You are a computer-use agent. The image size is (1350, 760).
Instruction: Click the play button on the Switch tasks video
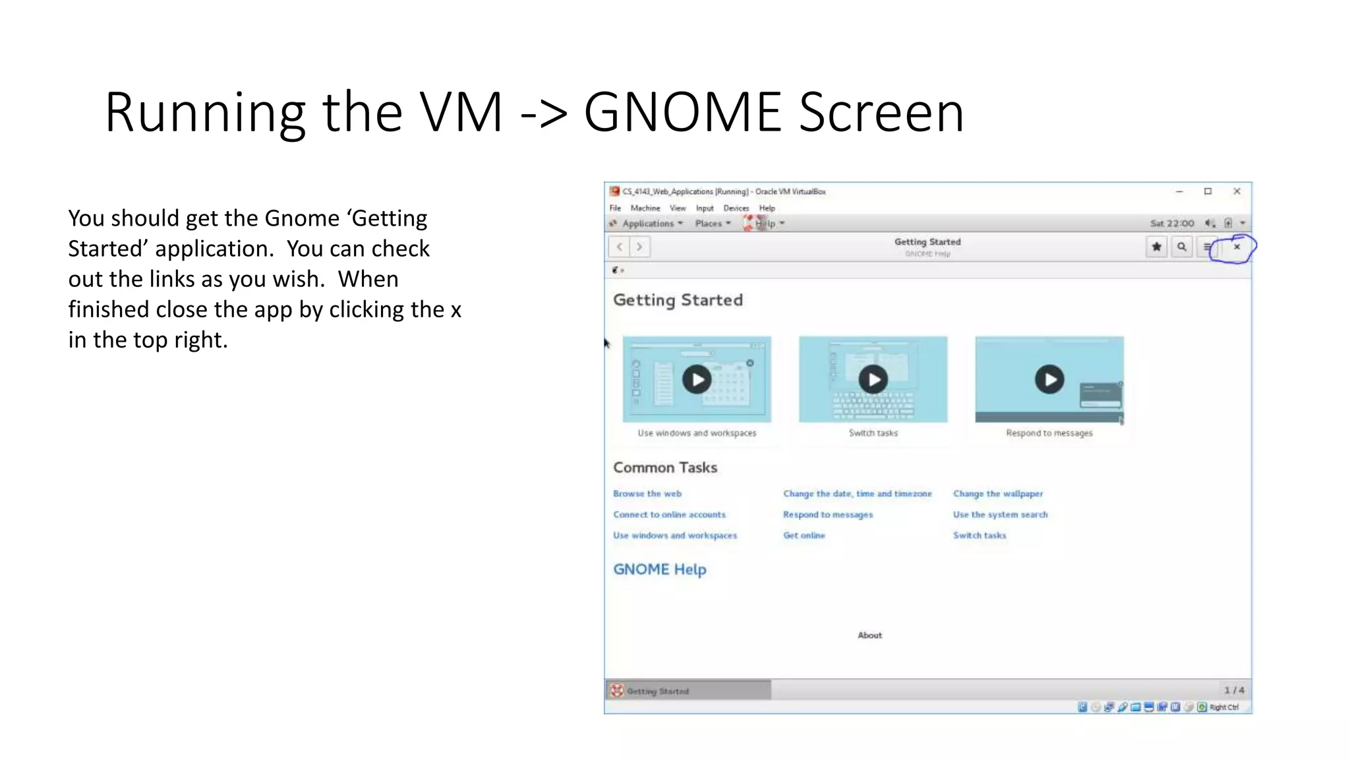coord(873,379)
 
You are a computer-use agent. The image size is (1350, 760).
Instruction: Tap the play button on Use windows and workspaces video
coord(697,379)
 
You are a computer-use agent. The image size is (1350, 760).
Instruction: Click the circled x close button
coord(1237,247)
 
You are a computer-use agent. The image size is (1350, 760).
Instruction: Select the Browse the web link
coord(647,493)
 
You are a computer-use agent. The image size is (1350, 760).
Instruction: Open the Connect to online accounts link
coord(669,515)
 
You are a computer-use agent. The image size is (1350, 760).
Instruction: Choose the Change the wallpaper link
coord(998,493)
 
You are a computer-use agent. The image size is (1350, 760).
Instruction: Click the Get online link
coord(804,536)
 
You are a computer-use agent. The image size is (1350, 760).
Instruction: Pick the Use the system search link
coord(1000,515)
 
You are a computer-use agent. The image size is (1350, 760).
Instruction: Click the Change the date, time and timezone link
coord(858,493)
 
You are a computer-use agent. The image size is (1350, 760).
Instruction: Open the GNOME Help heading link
coord(660,569)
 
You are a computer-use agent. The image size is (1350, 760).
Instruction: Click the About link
coord(869,635)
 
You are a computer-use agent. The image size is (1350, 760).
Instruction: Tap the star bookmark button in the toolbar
coord(1156,247)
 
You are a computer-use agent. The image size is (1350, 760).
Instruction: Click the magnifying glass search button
coord(1182,247)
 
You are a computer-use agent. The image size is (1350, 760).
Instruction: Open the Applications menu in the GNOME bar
coord(649,224)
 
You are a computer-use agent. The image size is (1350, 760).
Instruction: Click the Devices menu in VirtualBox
coord(736,208)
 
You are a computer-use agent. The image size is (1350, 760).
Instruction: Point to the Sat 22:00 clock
coord(1172,224)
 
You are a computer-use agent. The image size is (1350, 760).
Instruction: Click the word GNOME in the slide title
coord(683,112)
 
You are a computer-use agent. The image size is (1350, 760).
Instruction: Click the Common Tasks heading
coord(665,468)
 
